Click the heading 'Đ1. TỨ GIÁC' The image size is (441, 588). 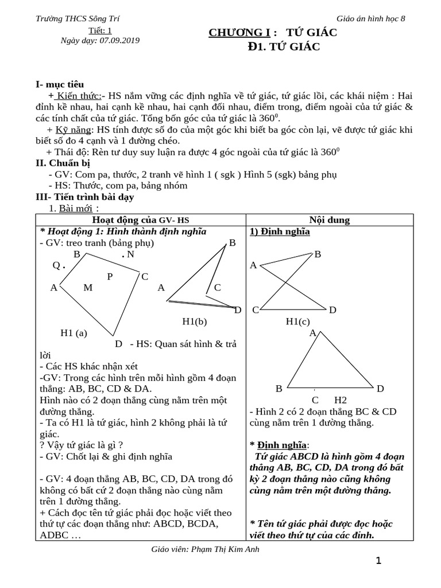point(280,47)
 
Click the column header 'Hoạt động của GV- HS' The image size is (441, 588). point(141,220)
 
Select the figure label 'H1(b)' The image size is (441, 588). point(194,322)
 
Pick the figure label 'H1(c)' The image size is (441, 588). point(297,322)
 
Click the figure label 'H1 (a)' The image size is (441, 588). point(73,332)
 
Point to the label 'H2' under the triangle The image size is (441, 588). point(341,400)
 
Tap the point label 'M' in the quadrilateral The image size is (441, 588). point(88,288)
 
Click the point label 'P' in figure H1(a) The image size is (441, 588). point(110,276)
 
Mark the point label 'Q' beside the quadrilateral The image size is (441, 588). point(56,265)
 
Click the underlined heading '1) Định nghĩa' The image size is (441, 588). point(280,232)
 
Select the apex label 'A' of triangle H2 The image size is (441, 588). point(313,333)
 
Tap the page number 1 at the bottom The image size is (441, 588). point(378,561)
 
